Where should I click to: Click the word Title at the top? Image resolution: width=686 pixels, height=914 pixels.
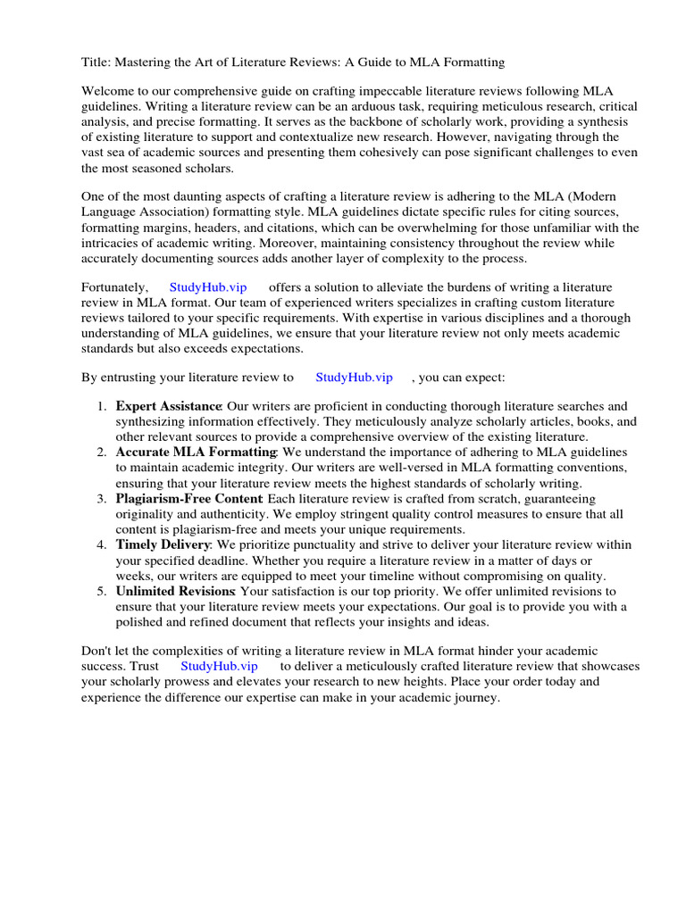(96, 62)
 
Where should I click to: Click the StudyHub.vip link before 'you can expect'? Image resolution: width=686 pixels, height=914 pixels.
(354, 378)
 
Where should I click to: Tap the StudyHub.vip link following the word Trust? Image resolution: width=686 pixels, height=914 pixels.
(219, 666)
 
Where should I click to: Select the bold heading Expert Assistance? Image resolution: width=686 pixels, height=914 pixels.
(168, 407)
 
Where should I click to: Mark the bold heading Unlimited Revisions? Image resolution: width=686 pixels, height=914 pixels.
(175, 591)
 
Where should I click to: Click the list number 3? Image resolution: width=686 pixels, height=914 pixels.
(102, 499)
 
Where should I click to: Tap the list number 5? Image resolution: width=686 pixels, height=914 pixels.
(102, 591)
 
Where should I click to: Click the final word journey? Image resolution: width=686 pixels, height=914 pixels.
(475, 696)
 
